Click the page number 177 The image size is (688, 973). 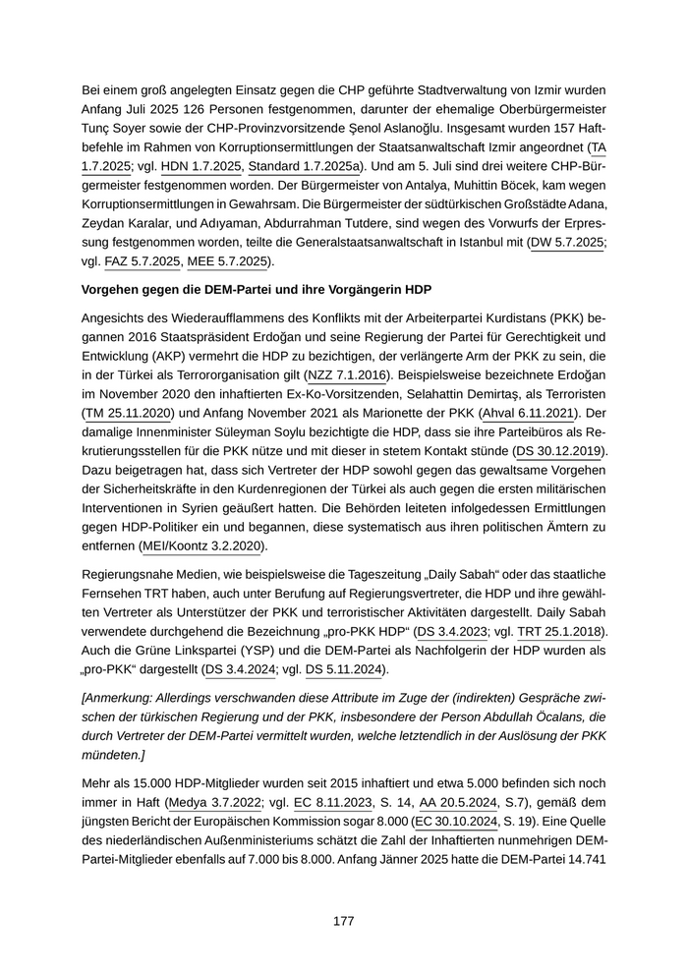[343, 921]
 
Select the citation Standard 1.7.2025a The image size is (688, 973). [291, 167]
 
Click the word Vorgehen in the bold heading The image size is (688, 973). [116, 294]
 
